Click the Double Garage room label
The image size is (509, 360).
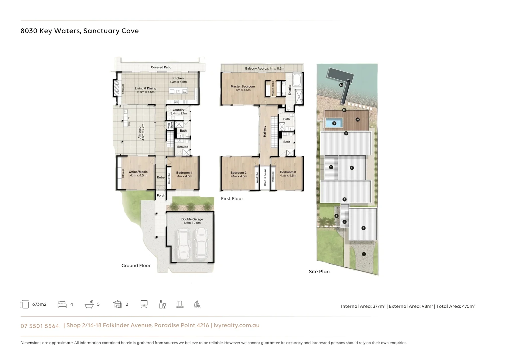click(192, 219)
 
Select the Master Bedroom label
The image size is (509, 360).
click(243, 86)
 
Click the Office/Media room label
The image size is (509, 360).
click(138, 172)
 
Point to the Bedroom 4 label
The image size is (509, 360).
click(184, 173)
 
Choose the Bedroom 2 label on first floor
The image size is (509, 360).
click(239, 173)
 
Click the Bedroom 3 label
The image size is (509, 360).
click(288, 172)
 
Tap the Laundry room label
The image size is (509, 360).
click(178, 110)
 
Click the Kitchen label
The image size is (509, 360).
click(178, 78)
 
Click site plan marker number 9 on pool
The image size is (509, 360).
click(334, 123)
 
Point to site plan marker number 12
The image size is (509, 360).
click(341, 85)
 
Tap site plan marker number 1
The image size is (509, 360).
click(364, 254)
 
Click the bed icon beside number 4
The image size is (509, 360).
click(62, 304)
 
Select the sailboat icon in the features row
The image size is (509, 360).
click(197, 304)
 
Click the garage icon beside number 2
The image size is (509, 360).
click(118, 304)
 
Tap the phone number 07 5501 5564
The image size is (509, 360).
click(40, 326)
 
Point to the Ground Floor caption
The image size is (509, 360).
click(136, 266)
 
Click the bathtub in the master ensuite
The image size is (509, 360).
click(297, 80)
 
